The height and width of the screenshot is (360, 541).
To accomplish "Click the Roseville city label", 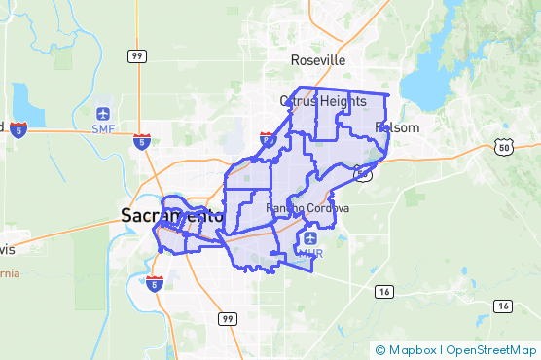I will (318, 60).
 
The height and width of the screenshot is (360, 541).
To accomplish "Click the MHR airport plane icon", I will (310, 238).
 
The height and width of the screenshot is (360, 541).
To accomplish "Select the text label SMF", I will (103, 128).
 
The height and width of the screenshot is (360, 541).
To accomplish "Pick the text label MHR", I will (310, 253).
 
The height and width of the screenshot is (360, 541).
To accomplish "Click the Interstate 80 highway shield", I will (268, 140).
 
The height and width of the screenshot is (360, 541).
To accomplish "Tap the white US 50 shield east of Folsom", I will (502, 146).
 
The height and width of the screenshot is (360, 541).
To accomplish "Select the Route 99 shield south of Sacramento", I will (227, 318).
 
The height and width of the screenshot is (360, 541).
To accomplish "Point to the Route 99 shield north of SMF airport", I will (136, 56).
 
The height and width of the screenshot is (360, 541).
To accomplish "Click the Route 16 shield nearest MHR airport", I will (383, 291).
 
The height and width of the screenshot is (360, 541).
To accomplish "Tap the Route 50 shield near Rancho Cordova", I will (362, 174).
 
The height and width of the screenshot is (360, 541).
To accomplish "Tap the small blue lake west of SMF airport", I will (23, 107).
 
